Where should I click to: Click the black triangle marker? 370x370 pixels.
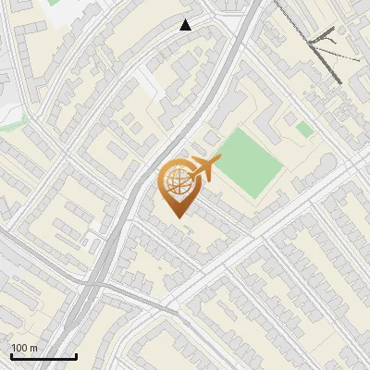click(x=186, y=25)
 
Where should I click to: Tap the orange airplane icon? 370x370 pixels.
click(x=204, y=168)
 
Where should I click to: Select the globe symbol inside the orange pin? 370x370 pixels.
click(x=176, y=183)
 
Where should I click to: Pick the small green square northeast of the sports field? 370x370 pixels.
click(x=304, y=129)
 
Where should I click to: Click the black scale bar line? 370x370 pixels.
click(x=43, y=357)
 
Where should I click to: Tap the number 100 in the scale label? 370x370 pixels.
click(x=20, y=348)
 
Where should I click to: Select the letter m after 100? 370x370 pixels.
click(x=33, y=348)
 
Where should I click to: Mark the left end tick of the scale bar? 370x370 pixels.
click(x=10, y=354)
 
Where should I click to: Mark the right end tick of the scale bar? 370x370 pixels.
click(x=76, y=354)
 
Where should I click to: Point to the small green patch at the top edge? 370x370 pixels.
click(x=54, y=3)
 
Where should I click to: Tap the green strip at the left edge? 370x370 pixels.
click(x=11, y=120)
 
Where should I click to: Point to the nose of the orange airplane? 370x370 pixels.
click(x=219, y=160)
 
